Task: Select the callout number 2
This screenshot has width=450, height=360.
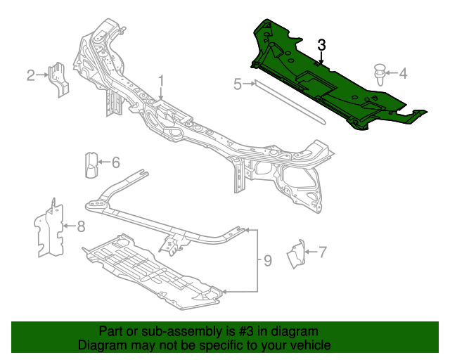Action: (31, 75)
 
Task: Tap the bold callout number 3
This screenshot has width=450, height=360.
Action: (321, 45)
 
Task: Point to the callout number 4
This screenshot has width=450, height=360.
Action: (403, 72)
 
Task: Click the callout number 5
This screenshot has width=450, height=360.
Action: (238, 84)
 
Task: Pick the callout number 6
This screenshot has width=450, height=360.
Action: (115, 162)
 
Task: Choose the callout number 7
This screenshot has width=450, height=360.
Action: (323, 251)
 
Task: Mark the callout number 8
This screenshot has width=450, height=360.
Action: (81, 226)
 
